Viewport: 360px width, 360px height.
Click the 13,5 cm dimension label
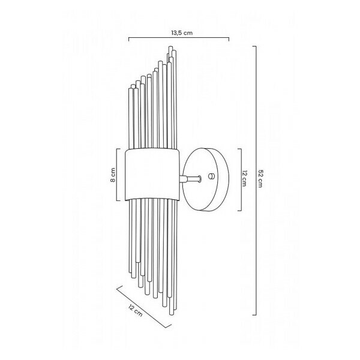point(182,33)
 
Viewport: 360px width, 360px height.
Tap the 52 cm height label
point(260,179)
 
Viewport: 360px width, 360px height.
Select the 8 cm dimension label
point(113,175)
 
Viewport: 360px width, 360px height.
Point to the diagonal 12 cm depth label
point(135,311)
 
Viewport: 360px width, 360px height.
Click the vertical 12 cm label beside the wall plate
point(244,178)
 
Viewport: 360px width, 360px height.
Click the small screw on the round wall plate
point(211,176)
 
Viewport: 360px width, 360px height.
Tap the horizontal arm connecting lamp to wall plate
point(190,179)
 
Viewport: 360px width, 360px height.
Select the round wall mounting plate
point(206,179)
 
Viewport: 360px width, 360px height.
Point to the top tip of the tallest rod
point(170,47)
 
